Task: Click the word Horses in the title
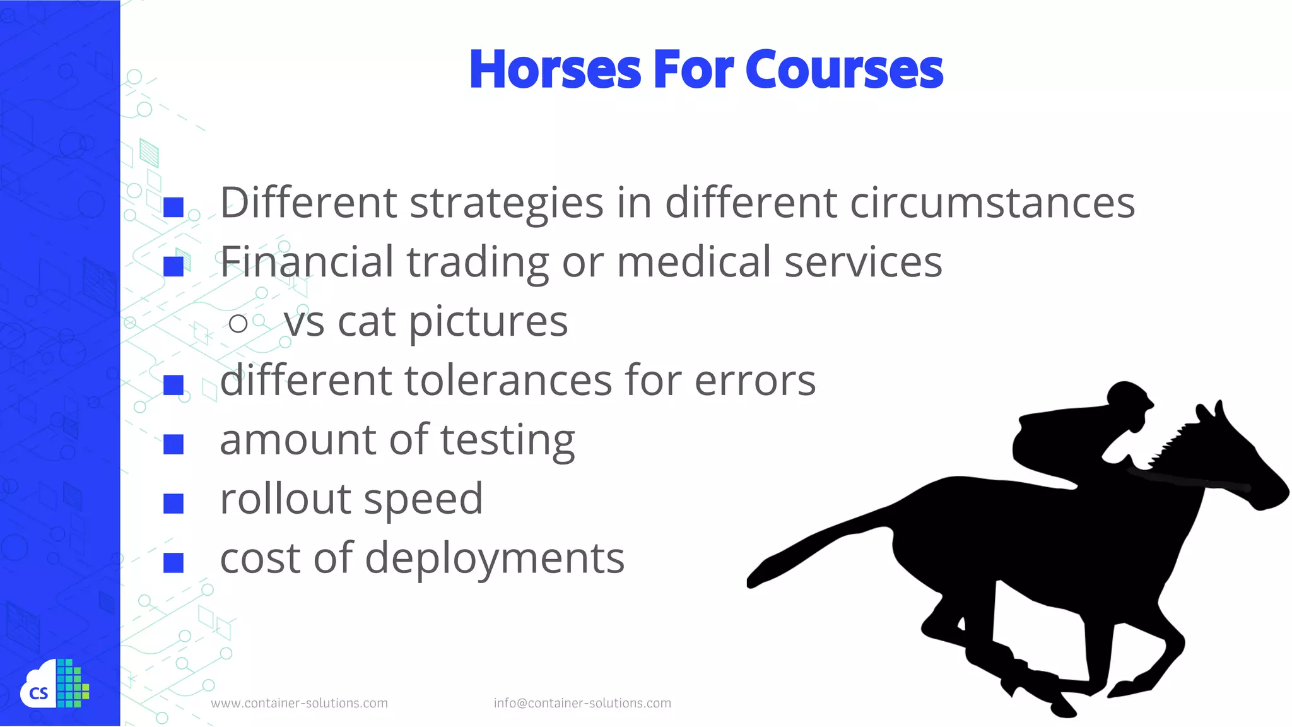point(555,69)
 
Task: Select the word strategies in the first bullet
point(507,203)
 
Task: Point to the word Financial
point(307,262)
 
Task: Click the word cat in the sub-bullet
point(367,322)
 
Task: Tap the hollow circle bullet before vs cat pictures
point(238,324)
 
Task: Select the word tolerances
point(508,381)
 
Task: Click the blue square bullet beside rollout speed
point(173,504)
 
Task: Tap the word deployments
point(495,559)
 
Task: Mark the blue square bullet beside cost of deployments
point(173,562)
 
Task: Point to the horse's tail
point(814,549)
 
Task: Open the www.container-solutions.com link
point(299,703)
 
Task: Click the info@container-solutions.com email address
point(582,703)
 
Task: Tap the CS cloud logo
point(54,685)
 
